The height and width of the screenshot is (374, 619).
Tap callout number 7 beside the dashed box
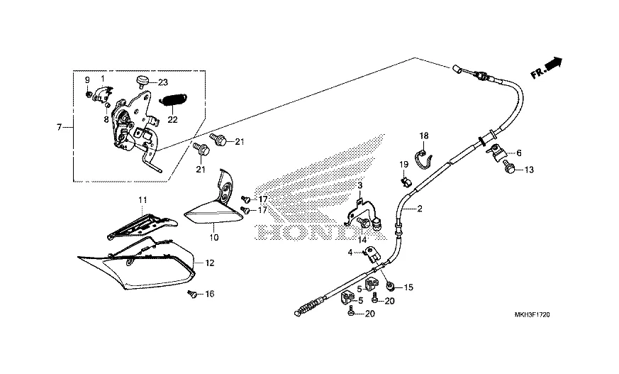click(x=60, y=127)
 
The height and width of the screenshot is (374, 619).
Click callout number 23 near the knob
click(x=162, y=82)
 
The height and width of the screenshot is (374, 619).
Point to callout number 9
click(x=87, y=79)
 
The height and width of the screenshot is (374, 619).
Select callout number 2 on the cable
click(x=419, y=209)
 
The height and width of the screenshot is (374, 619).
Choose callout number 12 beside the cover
click(x=209, y=263)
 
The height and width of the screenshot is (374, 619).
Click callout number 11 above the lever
click(x=142, y=200)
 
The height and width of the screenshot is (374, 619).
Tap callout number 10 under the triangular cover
click(x=213, y=236)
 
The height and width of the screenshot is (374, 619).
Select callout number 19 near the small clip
click(x=402, y=165)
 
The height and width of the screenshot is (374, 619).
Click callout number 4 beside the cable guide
click(x=350, y=252)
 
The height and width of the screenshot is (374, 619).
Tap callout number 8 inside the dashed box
click(x=106, y=121)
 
